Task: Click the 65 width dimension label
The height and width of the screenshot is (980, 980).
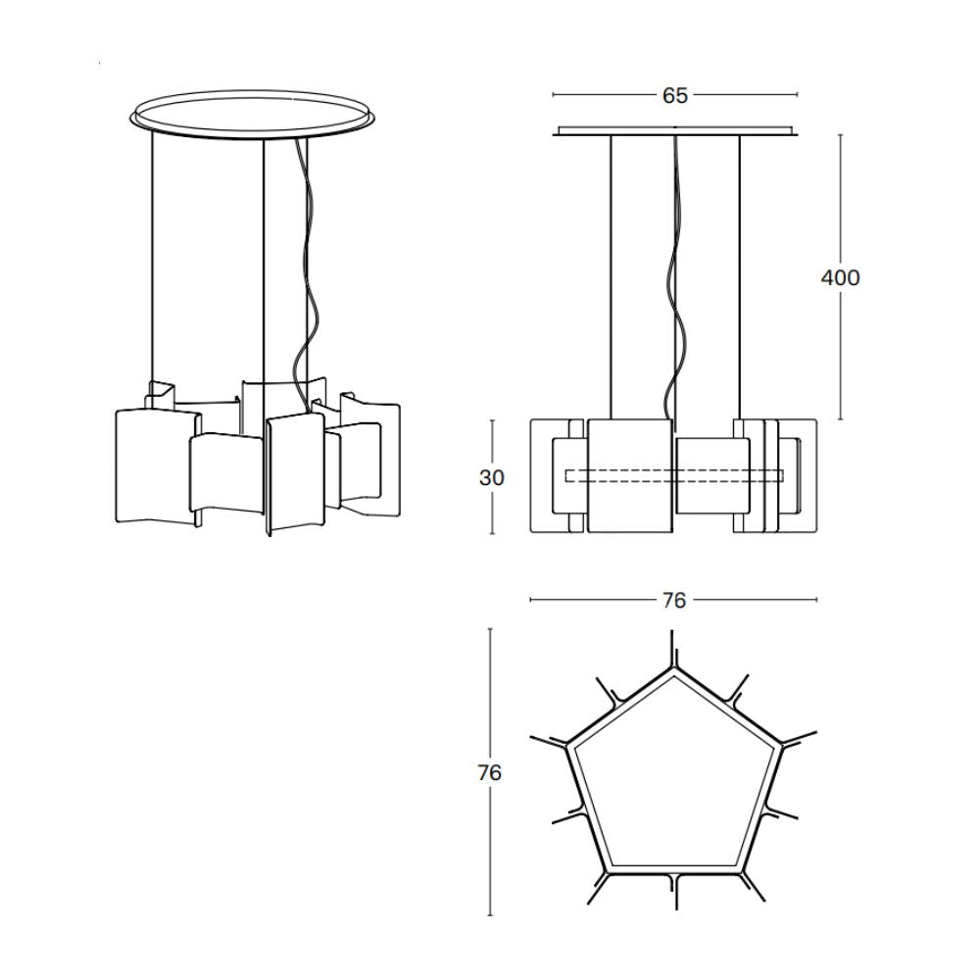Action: [x=675, y=96]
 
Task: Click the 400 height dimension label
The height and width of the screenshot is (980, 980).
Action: [x=840, y=277]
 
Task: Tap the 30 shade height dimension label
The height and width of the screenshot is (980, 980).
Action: [x=492, y=477]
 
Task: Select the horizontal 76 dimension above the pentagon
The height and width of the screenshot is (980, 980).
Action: [x=674, y=600]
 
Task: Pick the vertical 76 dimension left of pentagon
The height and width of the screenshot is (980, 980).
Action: [x=490, y=773]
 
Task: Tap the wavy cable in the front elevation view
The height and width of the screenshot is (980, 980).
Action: [x=675, y=275]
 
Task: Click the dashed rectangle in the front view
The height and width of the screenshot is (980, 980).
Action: [x=674, y=475]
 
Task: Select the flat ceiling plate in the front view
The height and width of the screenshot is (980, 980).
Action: [x=675, y=130]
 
